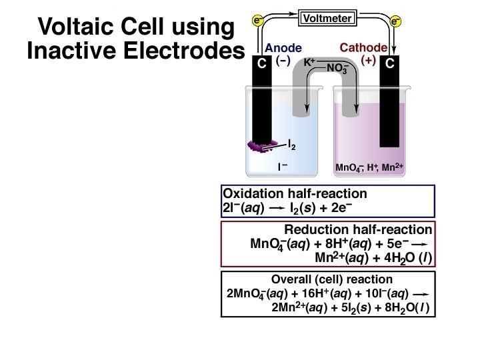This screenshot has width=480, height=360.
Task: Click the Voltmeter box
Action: tap(327, 19)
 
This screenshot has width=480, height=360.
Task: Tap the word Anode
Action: tap(283, 48)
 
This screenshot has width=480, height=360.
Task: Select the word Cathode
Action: tap(363, 48)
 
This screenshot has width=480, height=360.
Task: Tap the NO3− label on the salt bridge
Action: tap(339, 68)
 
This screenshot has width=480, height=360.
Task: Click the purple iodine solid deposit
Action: tap(257, 145)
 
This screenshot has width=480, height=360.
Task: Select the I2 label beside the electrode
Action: tap(292, 143)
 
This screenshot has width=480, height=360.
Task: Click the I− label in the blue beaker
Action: tap(283, 167)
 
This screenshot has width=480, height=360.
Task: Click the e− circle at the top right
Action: tap(396, 21)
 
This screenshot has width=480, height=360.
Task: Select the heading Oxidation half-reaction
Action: tap(295, 194)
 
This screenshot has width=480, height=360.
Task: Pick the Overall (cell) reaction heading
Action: tap(332, 279)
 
